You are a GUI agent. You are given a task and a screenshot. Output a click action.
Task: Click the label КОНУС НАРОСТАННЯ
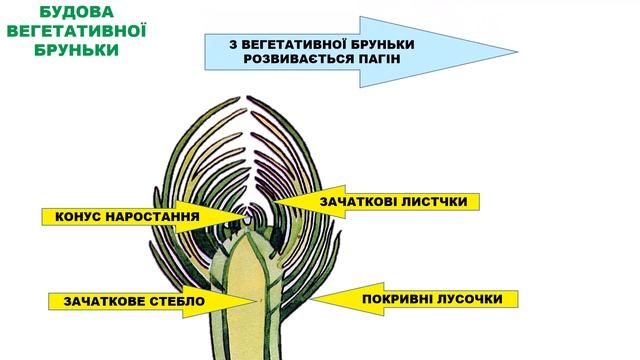(126, 216)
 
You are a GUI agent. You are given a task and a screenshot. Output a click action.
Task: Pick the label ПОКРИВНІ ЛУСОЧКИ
(435, 299)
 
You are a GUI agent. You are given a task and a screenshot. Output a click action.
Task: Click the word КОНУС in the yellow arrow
(81, 216)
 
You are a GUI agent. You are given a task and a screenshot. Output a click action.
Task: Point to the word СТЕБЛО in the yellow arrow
(174, 301)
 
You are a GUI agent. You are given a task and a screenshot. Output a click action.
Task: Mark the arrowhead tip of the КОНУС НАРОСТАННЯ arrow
(241, 216)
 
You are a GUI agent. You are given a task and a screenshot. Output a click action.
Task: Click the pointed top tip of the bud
(244, 98)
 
